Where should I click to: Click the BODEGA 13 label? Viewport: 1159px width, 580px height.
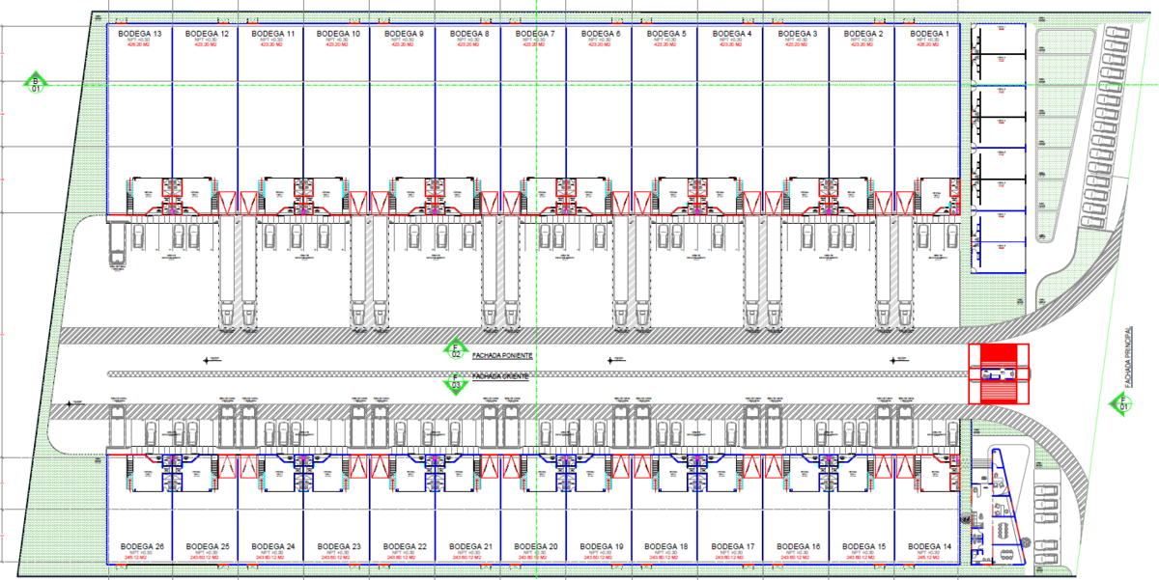pyautogui.click(x=139, y=34)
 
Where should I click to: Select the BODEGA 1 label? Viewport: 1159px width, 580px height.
pyautogui.click(x=928, y=34)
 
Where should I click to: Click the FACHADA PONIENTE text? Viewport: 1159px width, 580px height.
pyautogui.click(x=502, y=355)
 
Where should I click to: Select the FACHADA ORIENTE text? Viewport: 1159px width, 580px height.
pyautogui.click(x=500, y=375)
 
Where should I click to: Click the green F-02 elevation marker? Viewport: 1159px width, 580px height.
pyautogui.click(x=455, y=349)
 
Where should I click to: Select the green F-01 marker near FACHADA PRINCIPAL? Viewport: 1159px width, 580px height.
pyautogui.click(x=1122, y=402)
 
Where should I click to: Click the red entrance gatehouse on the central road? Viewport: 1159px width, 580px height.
pyautogui.click(x=999, y=375)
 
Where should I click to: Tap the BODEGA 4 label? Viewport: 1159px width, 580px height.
pyautogui.click(x=731, y=34)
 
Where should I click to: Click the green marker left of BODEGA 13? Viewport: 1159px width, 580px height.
pyautogui.click(x=36, y=83)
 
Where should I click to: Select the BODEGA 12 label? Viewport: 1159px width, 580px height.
pyautogui.click(x=205, y=34)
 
